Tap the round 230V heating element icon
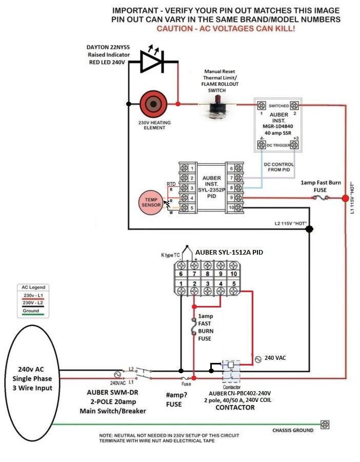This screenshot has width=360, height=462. coord(152,104)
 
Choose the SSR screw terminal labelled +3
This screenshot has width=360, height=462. coord(294,145)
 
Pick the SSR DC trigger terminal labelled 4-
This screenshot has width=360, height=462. coord(262,145)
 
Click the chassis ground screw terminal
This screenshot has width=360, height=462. coord(325,425)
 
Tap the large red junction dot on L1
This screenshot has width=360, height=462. coord(346,198)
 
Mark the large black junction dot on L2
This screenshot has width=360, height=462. coord(309,229)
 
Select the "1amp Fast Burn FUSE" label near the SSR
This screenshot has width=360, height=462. coord(319,186)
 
